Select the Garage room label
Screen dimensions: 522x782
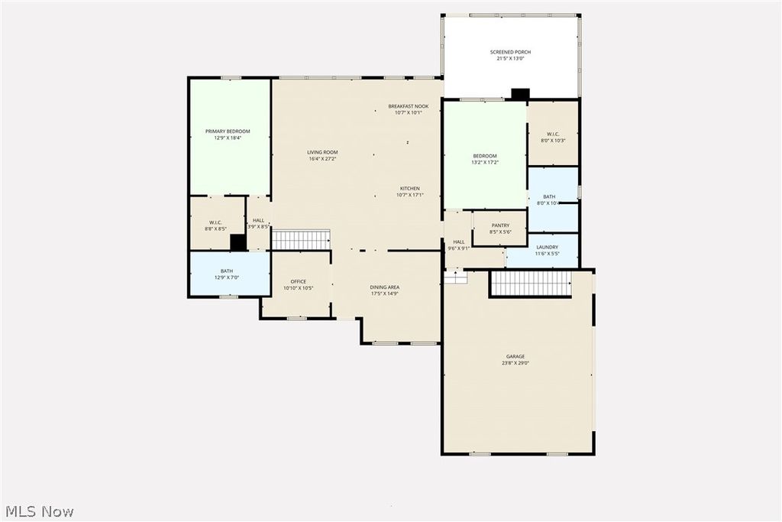[x=515, y=356]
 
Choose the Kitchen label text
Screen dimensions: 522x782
[x=410, y=189]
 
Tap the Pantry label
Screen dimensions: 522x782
[x=500, y=225]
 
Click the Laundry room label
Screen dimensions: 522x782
[x=547, y=247]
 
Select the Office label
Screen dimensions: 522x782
[x=298, y=281]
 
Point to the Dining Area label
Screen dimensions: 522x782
[x=385, y=287]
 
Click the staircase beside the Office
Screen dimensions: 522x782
[x=301, y=240]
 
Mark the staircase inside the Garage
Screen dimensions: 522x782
[x=530, y=284]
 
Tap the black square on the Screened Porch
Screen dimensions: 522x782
[x=520, y=94]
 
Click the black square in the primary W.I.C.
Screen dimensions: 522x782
[x=238, y=242]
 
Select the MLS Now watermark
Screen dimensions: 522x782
[x=40, y=511]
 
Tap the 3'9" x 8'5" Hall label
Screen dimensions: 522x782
[x=258, y=223]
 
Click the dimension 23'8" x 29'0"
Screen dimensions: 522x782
[x=515, y=363]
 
